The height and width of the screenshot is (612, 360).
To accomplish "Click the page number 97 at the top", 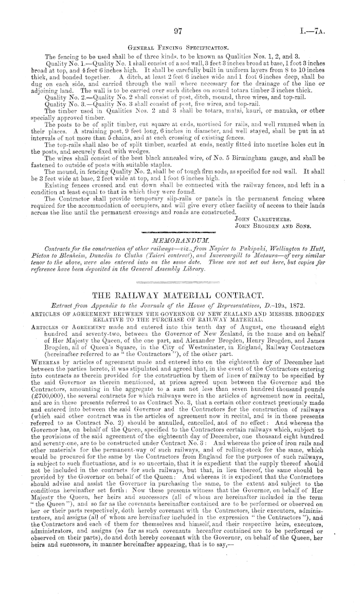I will pos(178,31).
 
